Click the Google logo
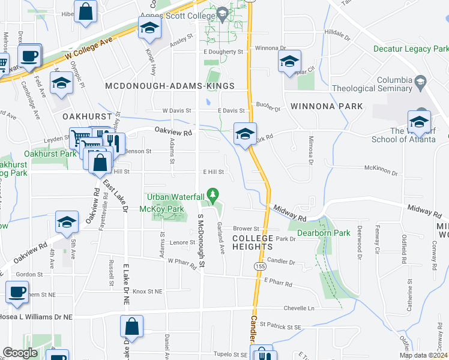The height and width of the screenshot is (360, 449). [20, 353]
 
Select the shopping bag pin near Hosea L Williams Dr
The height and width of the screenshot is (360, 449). [131, 328]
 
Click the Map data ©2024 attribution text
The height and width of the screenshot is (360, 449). [423, 355]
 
